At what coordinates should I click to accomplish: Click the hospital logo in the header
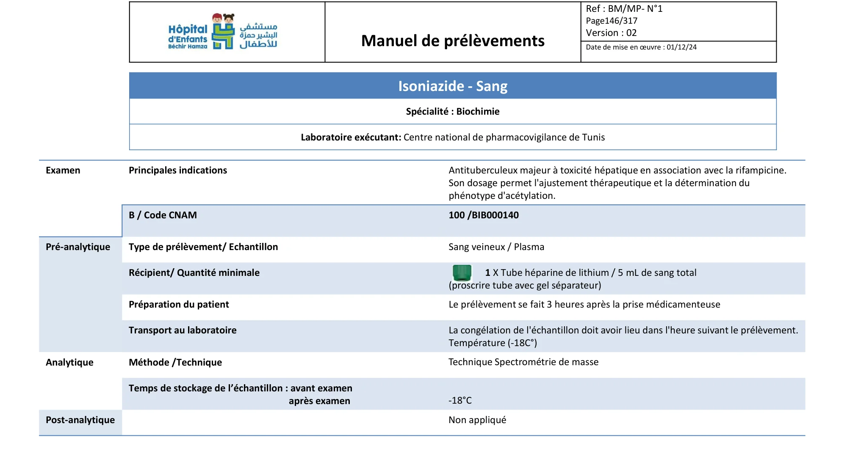click(x=223, y=32)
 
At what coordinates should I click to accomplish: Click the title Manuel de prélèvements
click(x=453, y=41)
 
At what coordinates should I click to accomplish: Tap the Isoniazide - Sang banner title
click(x=453, y=86)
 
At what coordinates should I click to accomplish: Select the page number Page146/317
click(x=611, y=21)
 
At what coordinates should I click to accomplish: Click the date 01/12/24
click(x=681, y=47)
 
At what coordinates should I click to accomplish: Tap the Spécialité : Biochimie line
click(x=453, y=111)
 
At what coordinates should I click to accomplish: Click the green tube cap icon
click(x=462, y=273)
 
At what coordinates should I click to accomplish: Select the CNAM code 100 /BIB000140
click(x=483, y=215)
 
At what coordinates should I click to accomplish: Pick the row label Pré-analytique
click(x=78, y=247)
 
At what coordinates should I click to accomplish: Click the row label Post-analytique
click(x=80, y=420)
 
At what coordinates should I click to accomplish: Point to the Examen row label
click(x=63, y=170)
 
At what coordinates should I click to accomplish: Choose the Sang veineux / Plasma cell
click(x=496, y=247)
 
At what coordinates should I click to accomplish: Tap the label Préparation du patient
click(x=179, y=304)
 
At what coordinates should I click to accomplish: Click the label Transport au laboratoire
click(x=183, y=330)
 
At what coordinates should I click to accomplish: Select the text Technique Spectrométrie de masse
click(x=523, y=362)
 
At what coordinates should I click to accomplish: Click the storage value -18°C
click(x=460, y=400)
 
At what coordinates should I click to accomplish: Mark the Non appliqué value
click(x=477, y=420)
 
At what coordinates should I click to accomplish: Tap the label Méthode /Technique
click(x=175, y=362)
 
